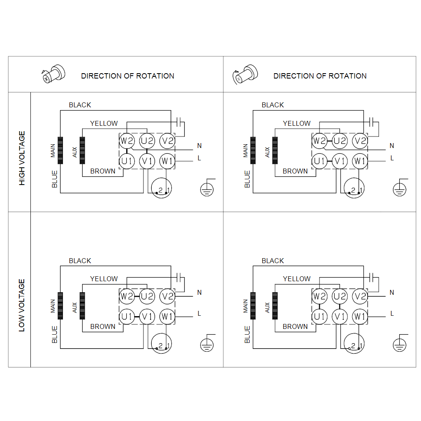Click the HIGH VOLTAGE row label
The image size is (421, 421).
[x=22, y=158]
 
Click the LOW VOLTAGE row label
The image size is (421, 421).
[x=22, y=305]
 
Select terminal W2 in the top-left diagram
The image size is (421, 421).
[x=127, y=141]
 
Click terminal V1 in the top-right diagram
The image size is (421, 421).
[x=340, y=161]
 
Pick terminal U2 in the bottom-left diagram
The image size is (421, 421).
[x=147, y=296]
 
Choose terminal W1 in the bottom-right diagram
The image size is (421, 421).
[x=360, y=316]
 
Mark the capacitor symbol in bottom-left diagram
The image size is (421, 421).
[x=180, y=277]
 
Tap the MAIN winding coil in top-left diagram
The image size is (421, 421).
[x=60, y=150]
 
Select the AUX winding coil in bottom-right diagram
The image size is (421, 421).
[x=275, y=306]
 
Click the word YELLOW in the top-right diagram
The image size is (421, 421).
[x=296, y=123]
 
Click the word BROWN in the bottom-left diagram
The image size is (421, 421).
[x=103, y=326]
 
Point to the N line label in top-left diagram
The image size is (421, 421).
[x=199, y=146]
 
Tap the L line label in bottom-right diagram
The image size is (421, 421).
[x=392, y=313]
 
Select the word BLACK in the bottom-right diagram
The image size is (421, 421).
[x=273, y=261]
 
